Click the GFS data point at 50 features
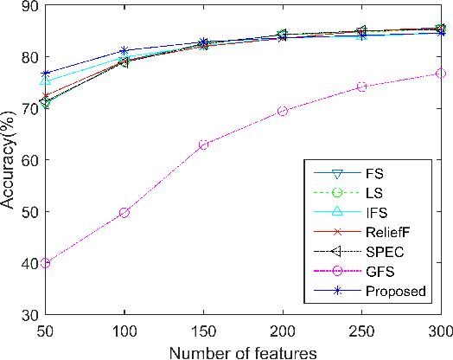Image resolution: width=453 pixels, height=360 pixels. tap(46, 262)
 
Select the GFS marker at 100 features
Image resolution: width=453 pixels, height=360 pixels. tap(124, 212)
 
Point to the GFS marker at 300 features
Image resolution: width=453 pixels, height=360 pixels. tap(441, 74)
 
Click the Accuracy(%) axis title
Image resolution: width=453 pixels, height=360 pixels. tap(10, 160)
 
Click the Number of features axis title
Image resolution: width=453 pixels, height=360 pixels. tap(243, 351)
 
